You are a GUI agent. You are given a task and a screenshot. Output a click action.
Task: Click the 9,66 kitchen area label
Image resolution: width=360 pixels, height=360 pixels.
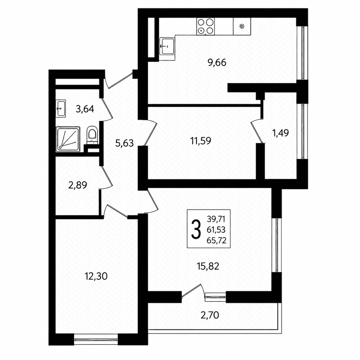pos(217,63)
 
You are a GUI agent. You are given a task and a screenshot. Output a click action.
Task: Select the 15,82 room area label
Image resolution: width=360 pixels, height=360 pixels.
pos(208,266)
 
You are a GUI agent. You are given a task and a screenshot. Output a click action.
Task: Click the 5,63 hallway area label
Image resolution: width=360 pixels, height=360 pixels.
pos(124,143)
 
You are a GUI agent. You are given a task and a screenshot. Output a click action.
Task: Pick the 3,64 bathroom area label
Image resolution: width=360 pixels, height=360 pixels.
pos(85,109)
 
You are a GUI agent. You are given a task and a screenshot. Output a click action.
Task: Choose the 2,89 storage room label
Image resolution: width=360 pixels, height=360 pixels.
pos(78,185)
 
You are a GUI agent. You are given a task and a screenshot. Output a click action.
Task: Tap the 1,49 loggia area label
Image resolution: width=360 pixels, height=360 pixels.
pos(281,133)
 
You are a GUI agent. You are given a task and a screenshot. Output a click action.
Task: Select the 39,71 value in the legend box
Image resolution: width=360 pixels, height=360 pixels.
pos(216,219)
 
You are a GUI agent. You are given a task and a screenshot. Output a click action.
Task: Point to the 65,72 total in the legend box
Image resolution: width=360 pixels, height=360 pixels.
pos(216,241)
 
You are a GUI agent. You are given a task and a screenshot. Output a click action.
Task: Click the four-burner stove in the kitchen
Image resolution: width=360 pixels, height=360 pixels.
pos(206,26)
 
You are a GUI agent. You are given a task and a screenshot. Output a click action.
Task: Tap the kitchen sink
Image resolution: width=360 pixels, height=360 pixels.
pos(167,46)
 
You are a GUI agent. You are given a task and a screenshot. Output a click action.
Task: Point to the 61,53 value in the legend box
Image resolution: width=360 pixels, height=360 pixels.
pos(216,230)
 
